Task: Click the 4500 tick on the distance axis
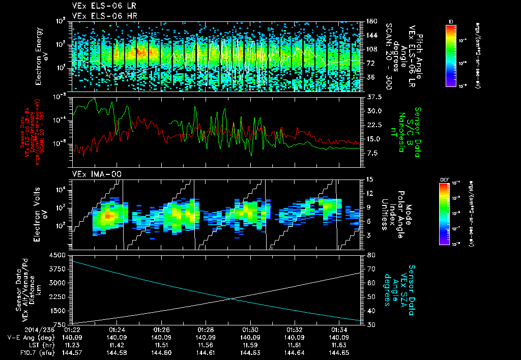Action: click(x=60, y=255)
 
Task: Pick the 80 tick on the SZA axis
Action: click(x=371, y=255)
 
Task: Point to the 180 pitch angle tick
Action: click(x=371, y=21)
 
